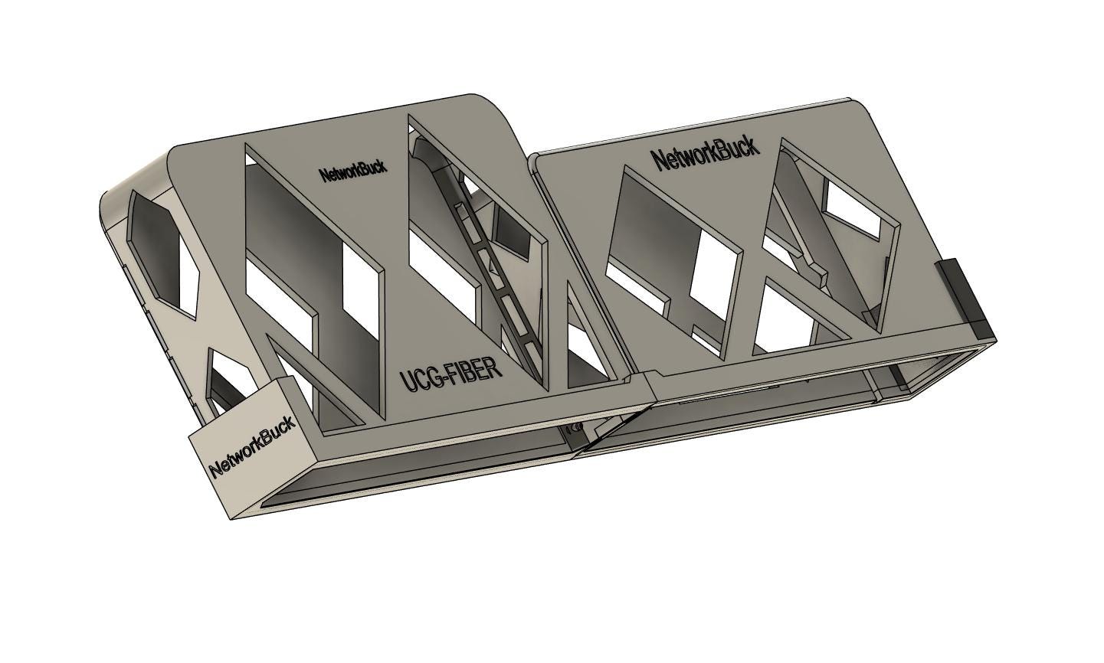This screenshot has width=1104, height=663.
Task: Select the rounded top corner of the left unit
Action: tap(498, 109)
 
